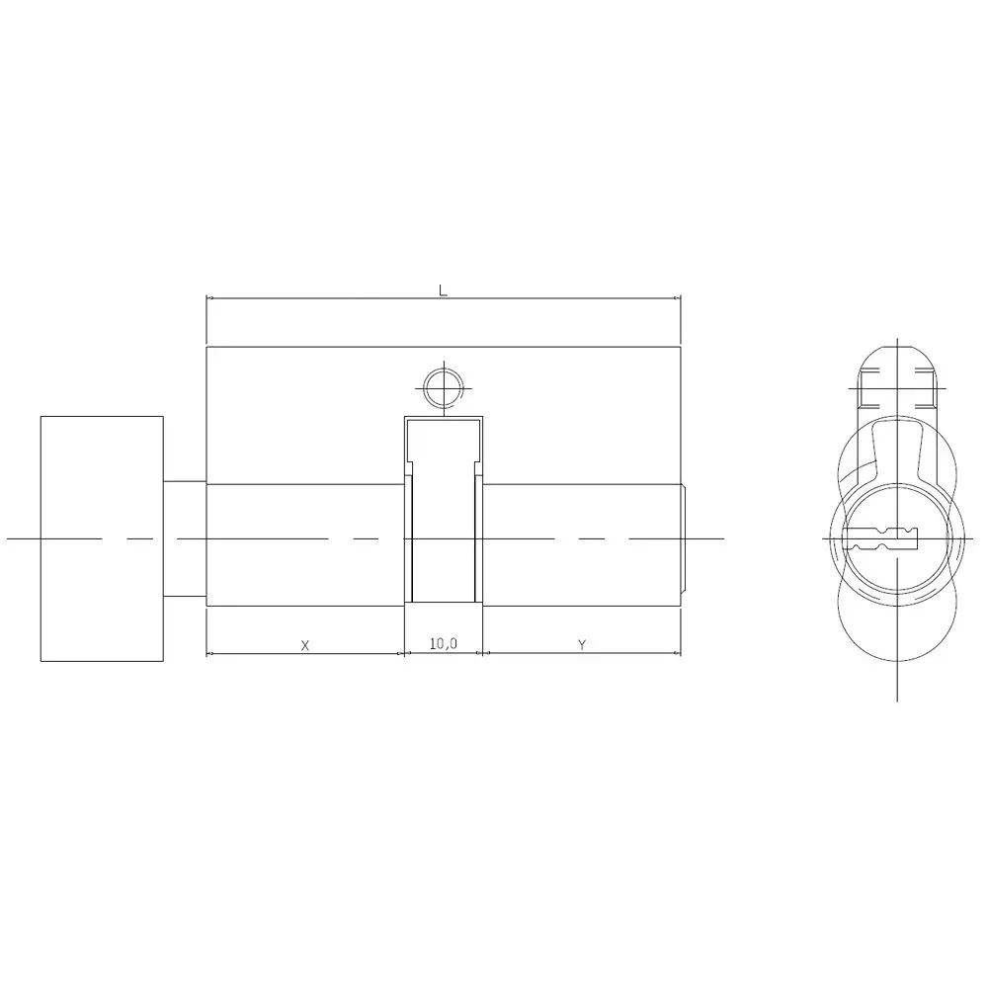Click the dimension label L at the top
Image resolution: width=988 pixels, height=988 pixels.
pos(444,290)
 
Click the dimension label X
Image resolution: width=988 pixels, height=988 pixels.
pos(305,645)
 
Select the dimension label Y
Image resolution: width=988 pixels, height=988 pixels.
pos(582,645)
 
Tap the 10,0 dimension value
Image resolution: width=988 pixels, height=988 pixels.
pos(444,644)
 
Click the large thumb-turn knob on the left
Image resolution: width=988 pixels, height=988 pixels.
pos(102,538)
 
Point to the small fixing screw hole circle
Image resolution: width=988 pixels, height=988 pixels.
pos(441,386)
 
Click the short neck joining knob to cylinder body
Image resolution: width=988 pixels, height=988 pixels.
pos(185,538)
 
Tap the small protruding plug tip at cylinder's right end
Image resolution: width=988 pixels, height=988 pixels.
pos(684,538)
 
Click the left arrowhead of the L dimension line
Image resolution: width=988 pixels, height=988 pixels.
pos(209,297)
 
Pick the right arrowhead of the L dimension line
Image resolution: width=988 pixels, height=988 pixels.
pos(677,297)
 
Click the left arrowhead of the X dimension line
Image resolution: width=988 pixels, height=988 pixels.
pos(209,653)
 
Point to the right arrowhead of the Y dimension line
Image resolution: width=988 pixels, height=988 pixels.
pos(677,653)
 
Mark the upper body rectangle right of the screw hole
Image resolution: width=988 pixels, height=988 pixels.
pos(583,415)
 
